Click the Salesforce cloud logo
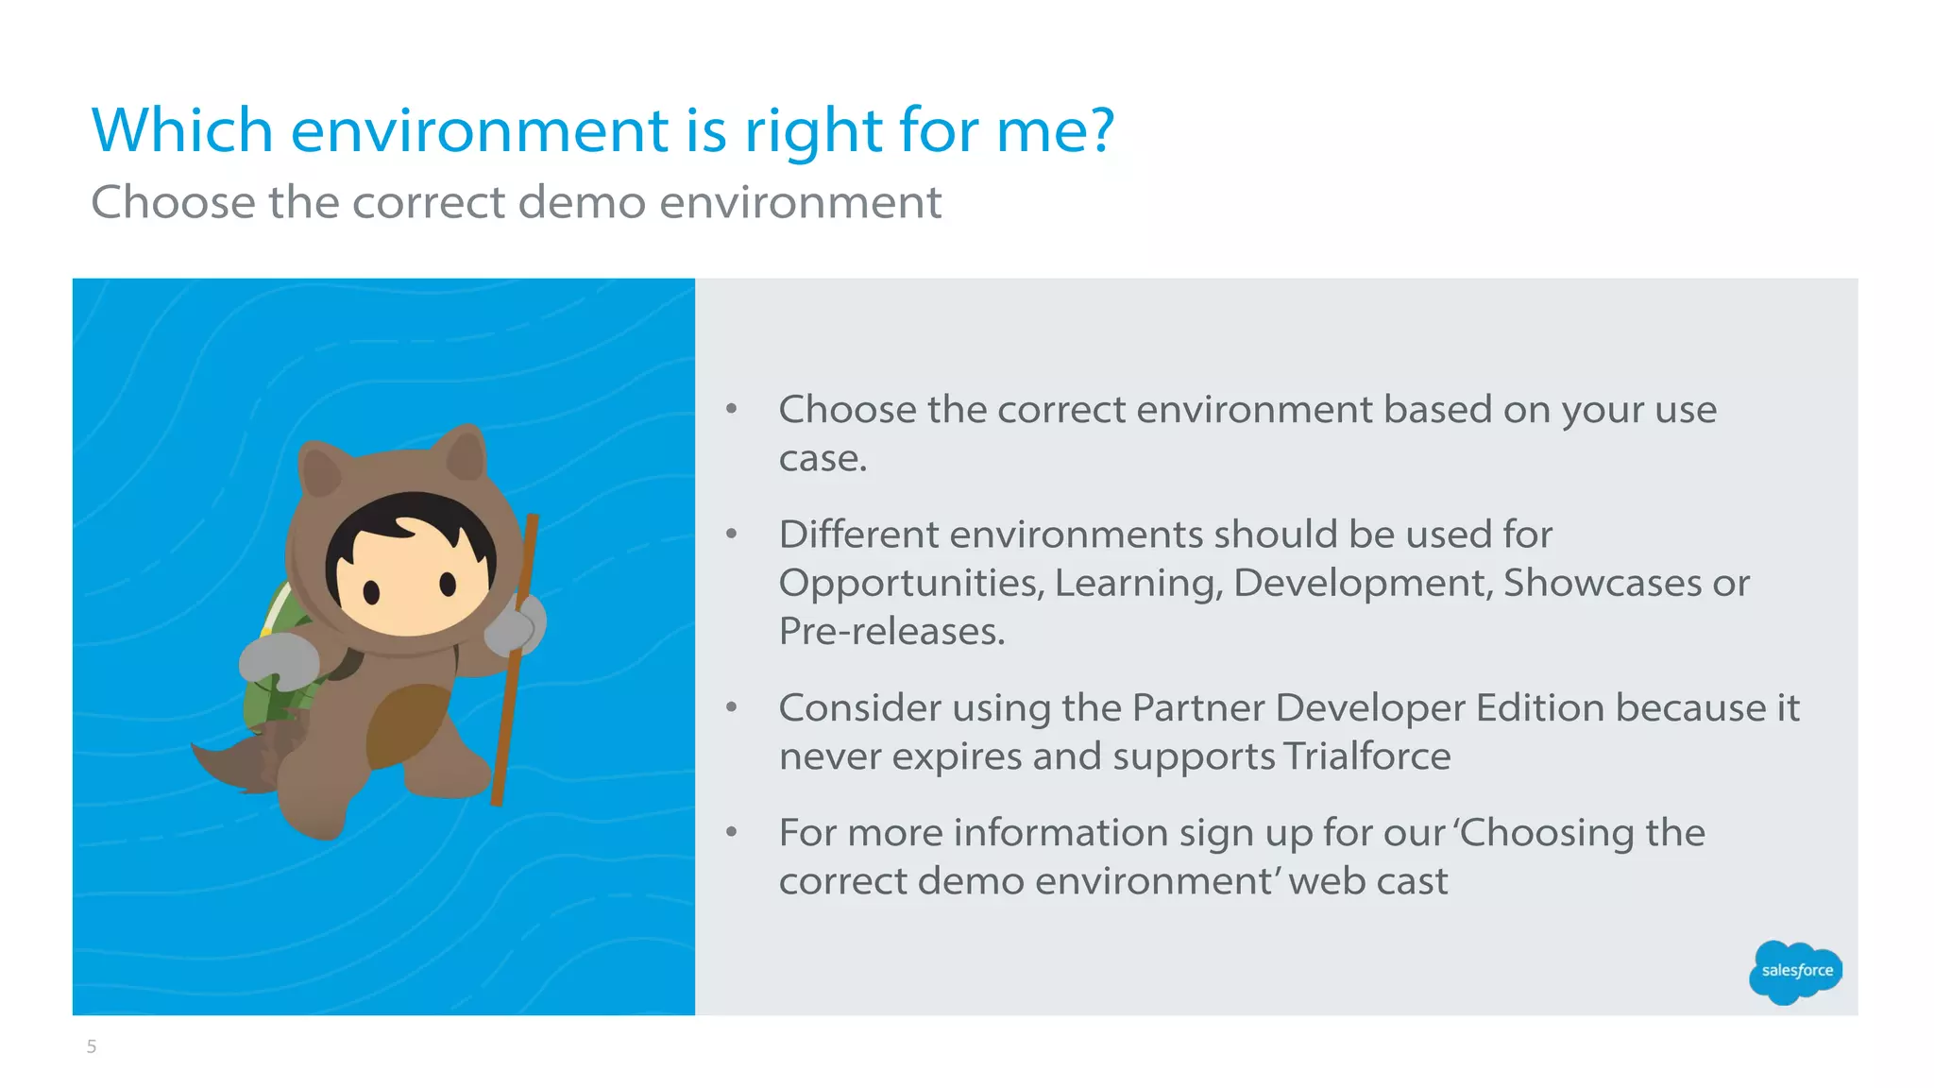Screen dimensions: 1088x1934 pyautogui.click(x=1795, y=971)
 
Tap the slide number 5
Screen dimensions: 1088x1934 pyautogui.click(x=92, y=1046)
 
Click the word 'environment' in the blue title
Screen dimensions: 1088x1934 pyautogui.click(x=480, y=130)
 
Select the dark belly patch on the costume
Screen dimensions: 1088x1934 pyautogui.click(x=406, y=722)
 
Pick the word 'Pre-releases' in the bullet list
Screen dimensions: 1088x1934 pyautogui.click(x=891, y=632)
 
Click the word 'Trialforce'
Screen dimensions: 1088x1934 pyautogui.click(x=1366, y=756)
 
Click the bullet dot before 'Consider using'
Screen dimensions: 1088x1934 pyautogui.click(x=731, y=707)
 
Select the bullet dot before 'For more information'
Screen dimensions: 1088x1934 pyautogui.click(x=731, y=832)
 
